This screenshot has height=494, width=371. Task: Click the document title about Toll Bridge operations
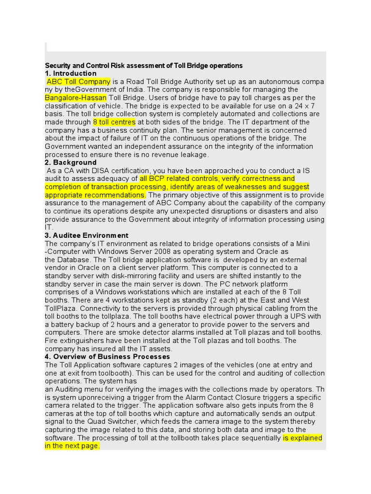pyautogui.click(x=143, y=65)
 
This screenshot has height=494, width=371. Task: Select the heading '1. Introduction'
pyautogui.click(x=71, y=73)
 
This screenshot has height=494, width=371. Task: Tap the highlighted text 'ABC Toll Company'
pyautogui.click(x=78, y=82)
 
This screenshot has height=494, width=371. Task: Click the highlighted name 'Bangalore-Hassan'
pyautogui.click(x=75, y=98)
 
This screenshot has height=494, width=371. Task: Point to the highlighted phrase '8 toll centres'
pyautogui.click(x=114, y=122)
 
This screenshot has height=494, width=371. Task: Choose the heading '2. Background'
pyautogui.click(x=71, y=163)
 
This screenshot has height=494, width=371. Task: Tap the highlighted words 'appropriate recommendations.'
pyautogui.click(x=95, y=195)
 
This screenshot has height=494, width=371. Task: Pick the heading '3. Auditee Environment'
pyautogui.click(x=86, y=235)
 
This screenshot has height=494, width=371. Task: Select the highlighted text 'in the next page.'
pyautogui.click(x=72, y=446)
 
